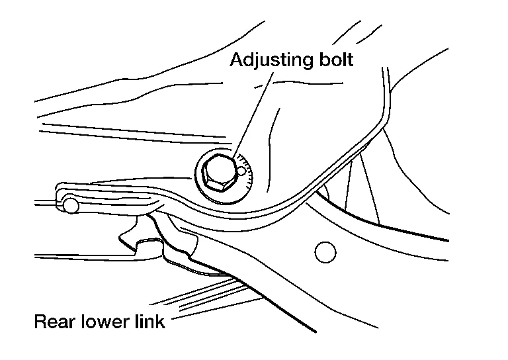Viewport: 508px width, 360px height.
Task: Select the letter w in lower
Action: [x=102, y=324]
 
